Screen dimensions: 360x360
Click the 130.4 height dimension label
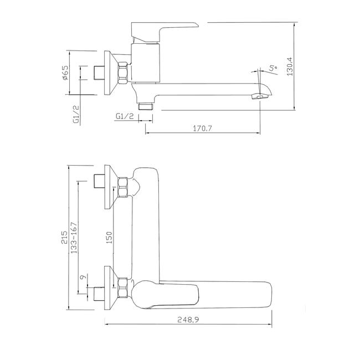(290, 66)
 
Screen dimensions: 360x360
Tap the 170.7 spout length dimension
(202, 128)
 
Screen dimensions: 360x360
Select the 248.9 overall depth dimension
(188, 320)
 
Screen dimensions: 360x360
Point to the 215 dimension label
(65, 238)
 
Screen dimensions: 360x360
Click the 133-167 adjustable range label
(74, 238)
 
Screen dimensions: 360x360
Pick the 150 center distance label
(109, 238)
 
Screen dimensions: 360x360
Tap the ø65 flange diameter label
(65, 73)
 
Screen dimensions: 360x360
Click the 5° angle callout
(273, 68)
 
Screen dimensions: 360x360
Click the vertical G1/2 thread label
(76, 114)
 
